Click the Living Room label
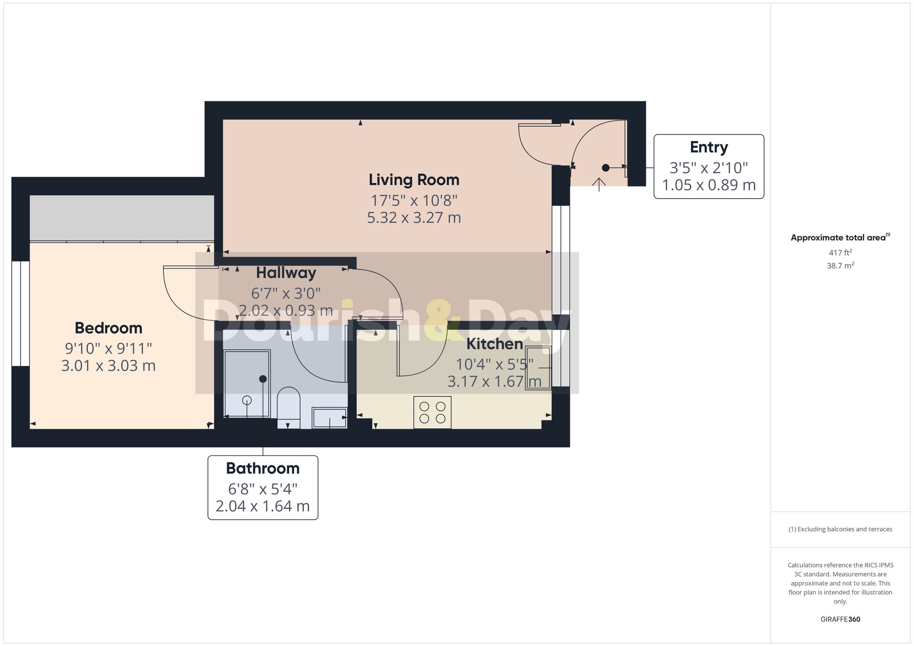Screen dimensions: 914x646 [414, 180]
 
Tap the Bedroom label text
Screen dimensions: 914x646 [108, 328]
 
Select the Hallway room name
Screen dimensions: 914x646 [286, 273]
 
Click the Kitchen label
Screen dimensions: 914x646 [494, 344]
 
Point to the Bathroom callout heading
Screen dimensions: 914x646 [263, 468]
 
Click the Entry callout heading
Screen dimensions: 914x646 [709, 147]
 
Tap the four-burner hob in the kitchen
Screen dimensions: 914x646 [432, 412]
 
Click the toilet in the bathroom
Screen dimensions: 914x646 [288, 408]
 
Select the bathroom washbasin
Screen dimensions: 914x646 [329, 418]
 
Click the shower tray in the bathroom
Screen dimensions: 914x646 [247, 383]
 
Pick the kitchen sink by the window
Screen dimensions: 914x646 [538, 368]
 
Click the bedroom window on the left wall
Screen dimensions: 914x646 [21, 314]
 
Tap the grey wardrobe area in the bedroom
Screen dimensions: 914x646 [122, 218]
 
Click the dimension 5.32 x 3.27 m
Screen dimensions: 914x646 [414, 218]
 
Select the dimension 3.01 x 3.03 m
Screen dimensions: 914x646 [108, 366]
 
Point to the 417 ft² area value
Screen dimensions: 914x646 [840, 252]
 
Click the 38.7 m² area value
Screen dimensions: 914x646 [840, 266]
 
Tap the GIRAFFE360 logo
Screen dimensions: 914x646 [840, 620]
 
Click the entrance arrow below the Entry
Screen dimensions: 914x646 [599, 184]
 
